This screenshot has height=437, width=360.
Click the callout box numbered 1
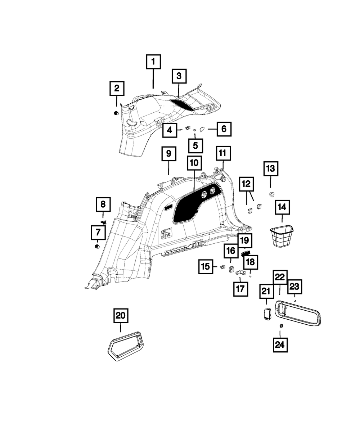(x=153, y=62)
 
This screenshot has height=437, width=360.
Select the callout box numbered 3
(x=179, y=76)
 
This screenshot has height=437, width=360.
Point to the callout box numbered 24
(x=280, y=345)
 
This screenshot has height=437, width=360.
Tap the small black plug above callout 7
(x=97, y=247)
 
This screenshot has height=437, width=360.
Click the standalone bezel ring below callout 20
(x=125, y=344)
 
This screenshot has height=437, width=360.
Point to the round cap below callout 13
(x=271, y=195)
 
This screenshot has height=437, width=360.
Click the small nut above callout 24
(x=280, y=326)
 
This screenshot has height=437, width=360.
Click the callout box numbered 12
(x=246, y=184)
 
